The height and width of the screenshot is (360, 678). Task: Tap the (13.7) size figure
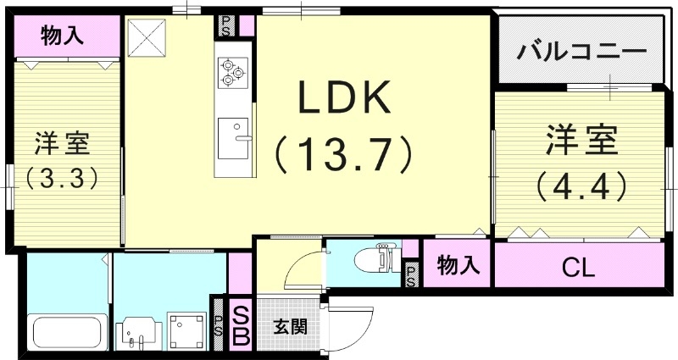pos(342,156)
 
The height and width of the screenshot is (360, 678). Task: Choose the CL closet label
pos(580,269)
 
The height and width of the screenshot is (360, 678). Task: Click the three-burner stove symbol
pos(232,71)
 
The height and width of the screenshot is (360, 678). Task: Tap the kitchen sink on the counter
pos(233,138)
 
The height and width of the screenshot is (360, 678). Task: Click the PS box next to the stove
pos(227,25)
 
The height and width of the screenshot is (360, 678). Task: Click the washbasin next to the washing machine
pos(136,332)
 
